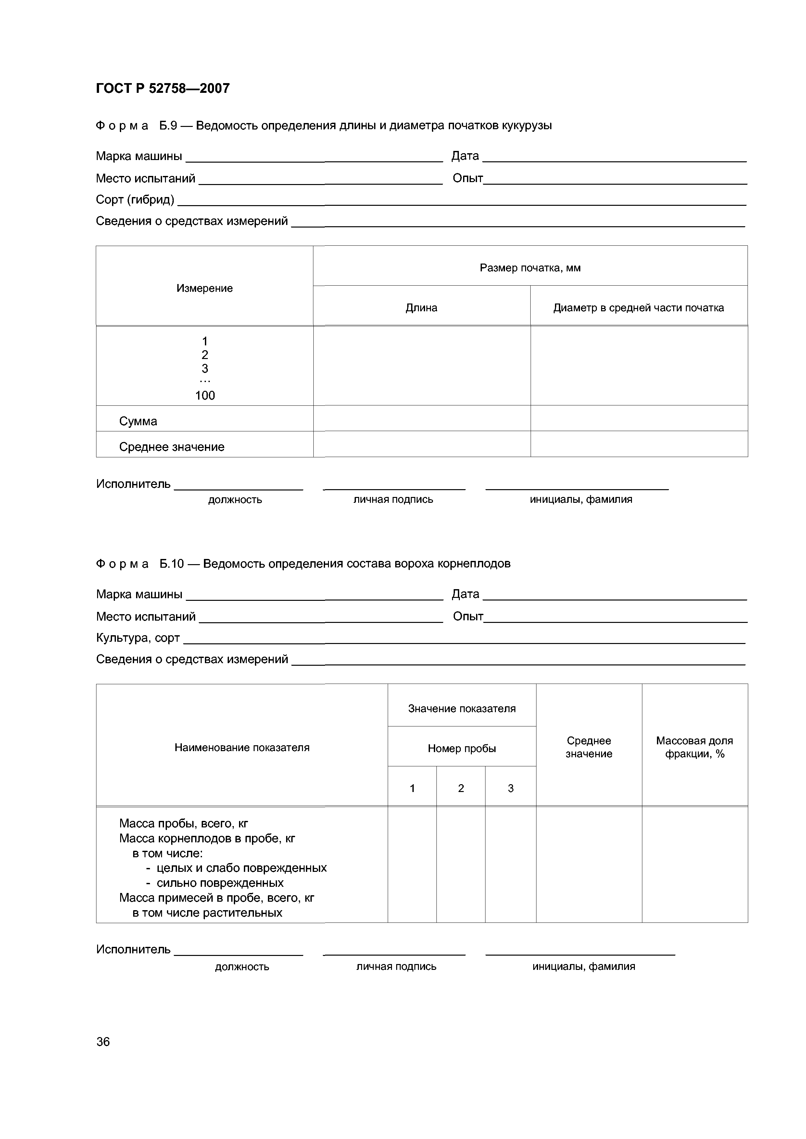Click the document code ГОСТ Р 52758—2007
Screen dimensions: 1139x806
click(162, 88)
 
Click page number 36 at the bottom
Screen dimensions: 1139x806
click(103, 1042)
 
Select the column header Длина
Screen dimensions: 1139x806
click(422, 308)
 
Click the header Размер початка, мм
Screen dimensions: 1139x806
click(530, 268)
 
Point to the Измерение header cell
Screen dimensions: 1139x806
click(205, 288)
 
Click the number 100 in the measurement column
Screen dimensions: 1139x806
click(205, 395)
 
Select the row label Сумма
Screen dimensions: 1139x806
click(138, 421)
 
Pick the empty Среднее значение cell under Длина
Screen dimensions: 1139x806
click(422, 444)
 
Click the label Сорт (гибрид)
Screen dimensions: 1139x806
click(135, 199)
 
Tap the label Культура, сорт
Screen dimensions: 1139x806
click(138, 638)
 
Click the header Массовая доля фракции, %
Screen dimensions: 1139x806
click(694, 747)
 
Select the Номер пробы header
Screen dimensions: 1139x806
click(461, 749)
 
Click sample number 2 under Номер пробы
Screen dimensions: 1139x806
click(460, 788)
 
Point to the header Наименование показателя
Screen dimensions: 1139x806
click(242, 748)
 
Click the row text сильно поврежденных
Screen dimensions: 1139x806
click(220, 883)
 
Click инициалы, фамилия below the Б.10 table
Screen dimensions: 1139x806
click(584, 966)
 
